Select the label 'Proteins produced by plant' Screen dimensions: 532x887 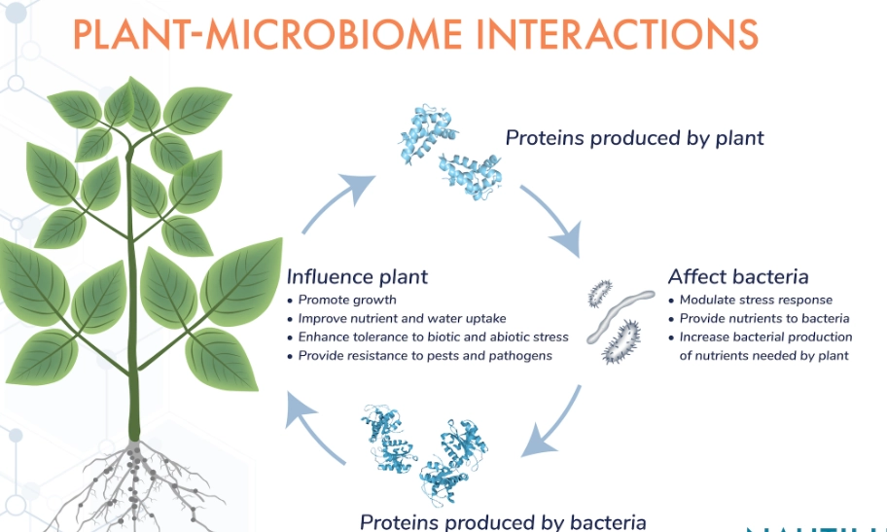click(x=634, y=138)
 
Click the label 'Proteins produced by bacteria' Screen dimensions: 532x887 click(x=502, y=521)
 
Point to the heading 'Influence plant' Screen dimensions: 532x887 click(x=356, y=276)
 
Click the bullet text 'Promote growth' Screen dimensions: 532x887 click(x=347, y=300)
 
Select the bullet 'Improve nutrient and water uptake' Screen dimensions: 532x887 click(x=402, y=318)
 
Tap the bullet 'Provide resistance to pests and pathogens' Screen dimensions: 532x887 click(x=425, y=355)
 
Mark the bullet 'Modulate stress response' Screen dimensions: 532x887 click(x=756, y=300)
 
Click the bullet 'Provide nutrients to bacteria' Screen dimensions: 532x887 click(x=764, y=318)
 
